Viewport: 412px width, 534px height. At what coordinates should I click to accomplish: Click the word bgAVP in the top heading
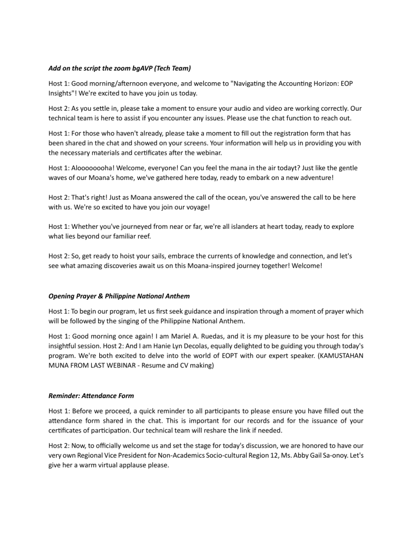coord(136,69)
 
